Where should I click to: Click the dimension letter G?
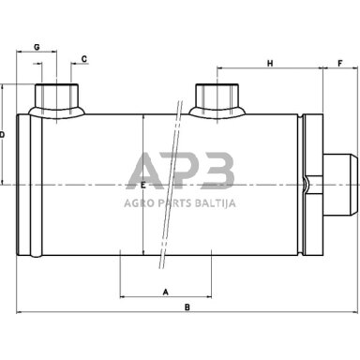tap(37, 47)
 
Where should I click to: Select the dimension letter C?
tap(84, 59)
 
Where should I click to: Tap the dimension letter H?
tap(270, 64)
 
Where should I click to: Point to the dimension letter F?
tap(340, 63)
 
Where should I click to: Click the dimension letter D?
tap(2, 135)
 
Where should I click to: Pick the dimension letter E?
tap(143, 186)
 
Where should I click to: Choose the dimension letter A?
tap(166, 292)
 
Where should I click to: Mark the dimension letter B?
tap(187, 307)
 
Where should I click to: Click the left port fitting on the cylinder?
tap(56, 99)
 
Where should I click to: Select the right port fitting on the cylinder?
tap(217, 99)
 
